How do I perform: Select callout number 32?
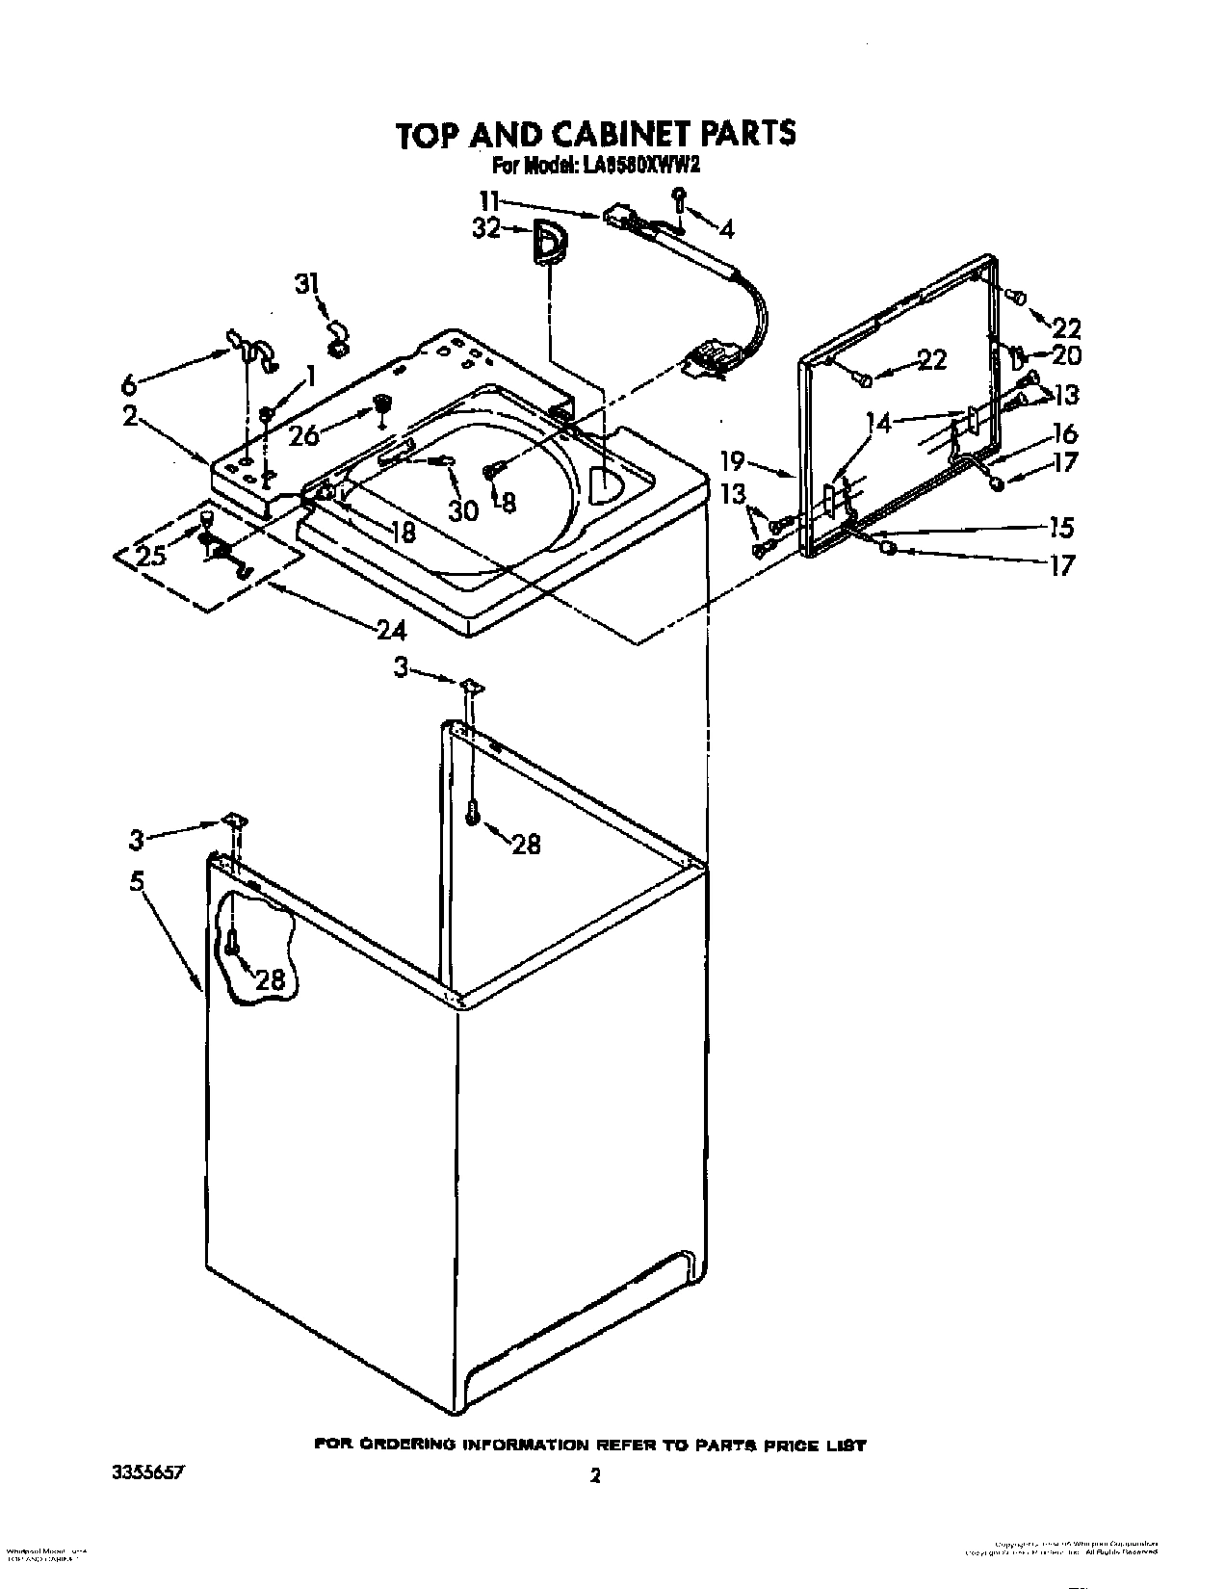point(487,229)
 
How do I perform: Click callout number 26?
point(303,435)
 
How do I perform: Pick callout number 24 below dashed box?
point(391,631)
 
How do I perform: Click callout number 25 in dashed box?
point(151,556)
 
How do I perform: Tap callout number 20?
point(1066,354)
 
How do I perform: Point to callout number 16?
point(1065,433)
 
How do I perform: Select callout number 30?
point(464,510)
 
